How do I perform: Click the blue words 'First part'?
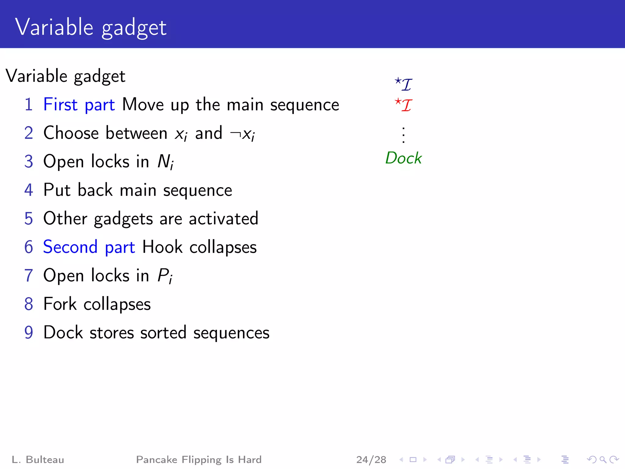(79, 105)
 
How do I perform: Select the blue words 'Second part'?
(89, 247)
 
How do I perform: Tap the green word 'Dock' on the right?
(403, 158)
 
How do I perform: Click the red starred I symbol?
(403, 105)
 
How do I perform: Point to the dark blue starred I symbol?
(403, 84)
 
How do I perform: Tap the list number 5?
(29, 219)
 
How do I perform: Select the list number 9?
(29, 333)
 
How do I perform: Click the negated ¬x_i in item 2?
(242, 134)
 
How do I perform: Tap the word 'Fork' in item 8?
(60, 304)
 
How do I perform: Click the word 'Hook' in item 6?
(162, 247)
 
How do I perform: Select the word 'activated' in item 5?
(223, 219)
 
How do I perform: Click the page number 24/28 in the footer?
(371, 460)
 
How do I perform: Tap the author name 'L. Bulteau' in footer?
(38, 460)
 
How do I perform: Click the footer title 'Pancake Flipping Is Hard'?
(199, 460)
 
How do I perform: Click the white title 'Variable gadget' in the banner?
(91, 27)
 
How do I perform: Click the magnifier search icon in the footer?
(603, 460)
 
